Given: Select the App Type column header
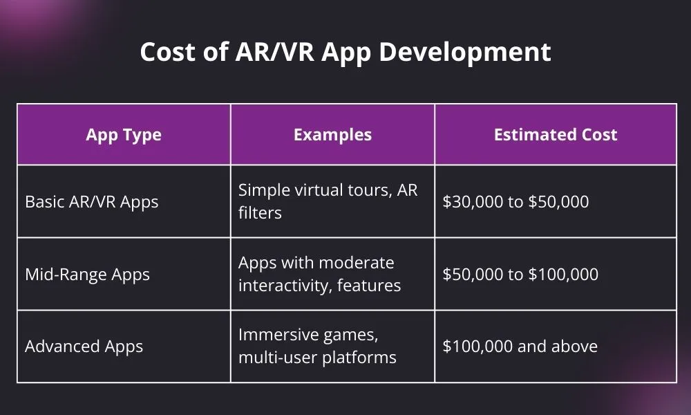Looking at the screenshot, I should tap(124, 135).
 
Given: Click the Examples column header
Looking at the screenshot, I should tap(332, 135).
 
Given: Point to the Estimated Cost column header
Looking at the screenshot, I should tap(556, 135).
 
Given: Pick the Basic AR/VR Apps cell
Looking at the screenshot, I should tap(92, 202).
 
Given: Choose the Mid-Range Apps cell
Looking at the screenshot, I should tap(87, 275).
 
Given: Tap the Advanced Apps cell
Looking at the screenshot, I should tap(84, 347).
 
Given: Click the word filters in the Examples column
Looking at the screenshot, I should tap(260, 212).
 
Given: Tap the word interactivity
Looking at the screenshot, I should tap(282, 285).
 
